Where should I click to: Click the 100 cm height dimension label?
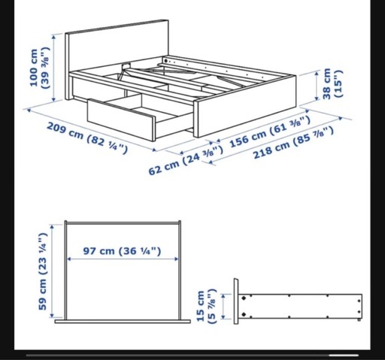(39, 68)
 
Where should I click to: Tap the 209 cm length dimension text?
(87, 138)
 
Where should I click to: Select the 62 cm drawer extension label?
(186, 160)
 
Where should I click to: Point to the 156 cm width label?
(270, 132)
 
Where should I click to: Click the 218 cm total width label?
(293, 143)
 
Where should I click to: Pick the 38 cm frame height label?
(332, 83)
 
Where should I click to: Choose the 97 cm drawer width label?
(122, 251)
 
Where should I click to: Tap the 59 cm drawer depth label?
(43, 271)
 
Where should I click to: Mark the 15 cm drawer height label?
(205, 306)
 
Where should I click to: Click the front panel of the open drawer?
(121, 119)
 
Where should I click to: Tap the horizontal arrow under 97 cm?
(123, 259)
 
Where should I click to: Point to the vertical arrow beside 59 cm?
(52, 271)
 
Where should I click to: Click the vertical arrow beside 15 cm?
(223, 307)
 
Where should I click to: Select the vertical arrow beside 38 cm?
(317, 86)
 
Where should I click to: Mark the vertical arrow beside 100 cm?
(53, 68)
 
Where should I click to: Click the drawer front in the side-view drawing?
(236, 301)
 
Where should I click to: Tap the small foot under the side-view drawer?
(359, 319)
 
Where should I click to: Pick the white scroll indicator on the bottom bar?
(344, 355)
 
